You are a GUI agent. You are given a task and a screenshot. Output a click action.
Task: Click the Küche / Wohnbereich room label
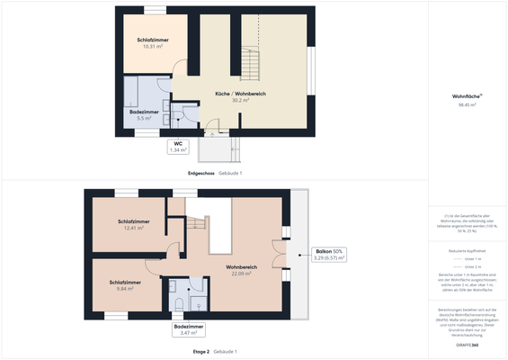click(x=240, y=94)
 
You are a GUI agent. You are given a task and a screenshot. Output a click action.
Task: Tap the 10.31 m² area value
click(x=150, y=47)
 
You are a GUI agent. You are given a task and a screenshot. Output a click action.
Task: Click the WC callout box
click(x=178, y=146)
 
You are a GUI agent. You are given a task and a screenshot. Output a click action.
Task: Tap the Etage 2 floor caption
click(x=201, y=351)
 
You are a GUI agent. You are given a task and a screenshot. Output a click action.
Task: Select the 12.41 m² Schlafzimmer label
click(x=133, y=221)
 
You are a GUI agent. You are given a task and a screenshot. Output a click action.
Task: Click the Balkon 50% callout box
click(x=329, y=255)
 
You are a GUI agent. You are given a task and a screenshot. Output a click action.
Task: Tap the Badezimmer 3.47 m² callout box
click(x=189, y=329)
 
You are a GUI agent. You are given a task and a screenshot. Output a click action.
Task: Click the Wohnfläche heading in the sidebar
click(x=467, y=96)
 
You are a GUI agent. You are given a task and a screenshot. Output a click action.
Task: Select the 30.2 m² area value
click(x=240, y=101)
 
